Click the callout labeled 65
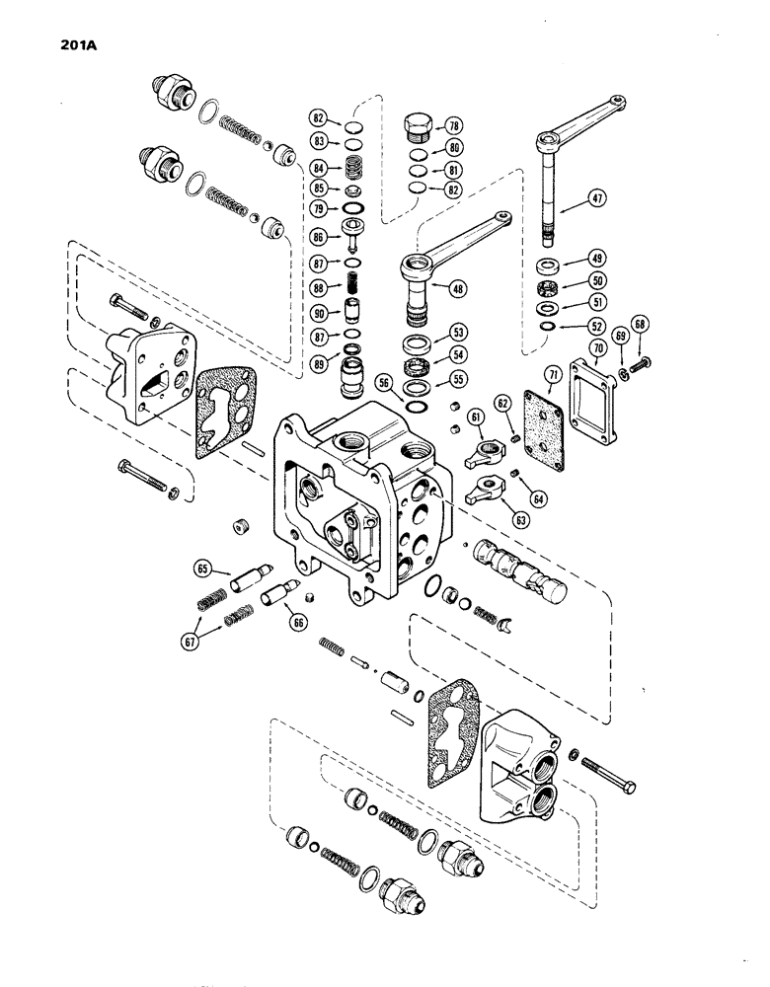202,569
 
